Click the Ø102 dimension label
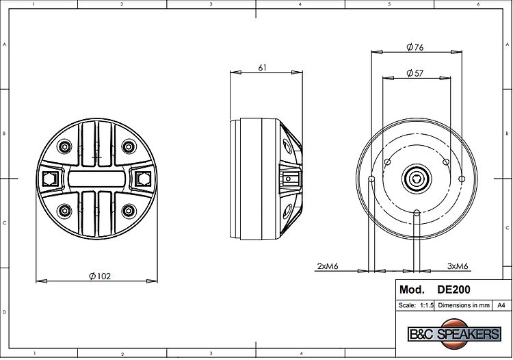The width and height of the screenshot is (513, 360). pyautogui.click(x=100, y=277)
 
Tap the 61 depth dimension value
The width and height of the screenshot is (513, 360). pyautogui.click(x=263, y=68)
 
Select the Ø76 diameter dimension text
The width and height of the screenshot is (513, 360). pyautogui.click(x=415, y=47)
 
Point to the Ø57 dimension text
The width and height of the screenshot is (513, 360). pyautogui.click(x=415, y=73)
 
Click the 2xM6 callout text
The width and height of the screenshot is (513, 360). pyautogui.click(x=328, y=266)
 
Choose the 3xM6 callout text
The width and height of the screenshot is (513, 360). pyautogui.click(x=458, y=266)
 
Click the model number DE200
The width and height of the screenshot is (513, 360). pyautogui.click(x=453, y=290)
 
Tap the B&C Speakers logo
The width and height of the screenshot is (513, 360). pyautogui.click(x=455, y=334)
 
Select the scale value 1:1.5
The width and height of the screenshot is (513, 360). pyautogui.click(x=427, y=305)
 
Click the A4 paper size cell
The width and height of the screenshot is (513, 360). pyautogui.click(x=501, y=305)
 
